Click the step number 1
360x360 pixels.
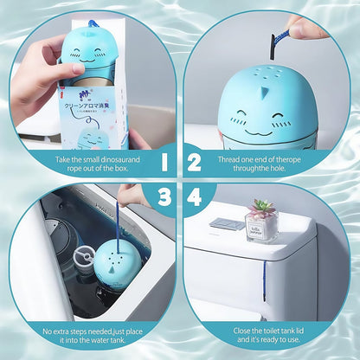[x=163, y=162]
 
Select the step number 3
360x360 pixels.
[x=163, y=198]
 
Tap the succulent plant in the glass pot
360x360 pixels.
[x=260, y=209]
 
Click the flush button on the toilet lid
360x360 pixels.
[x=227, y=224]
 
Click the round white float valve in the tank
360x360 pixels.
[x=87, y=259]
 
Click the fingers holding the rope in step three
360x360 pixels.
[x=131, y=196]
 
